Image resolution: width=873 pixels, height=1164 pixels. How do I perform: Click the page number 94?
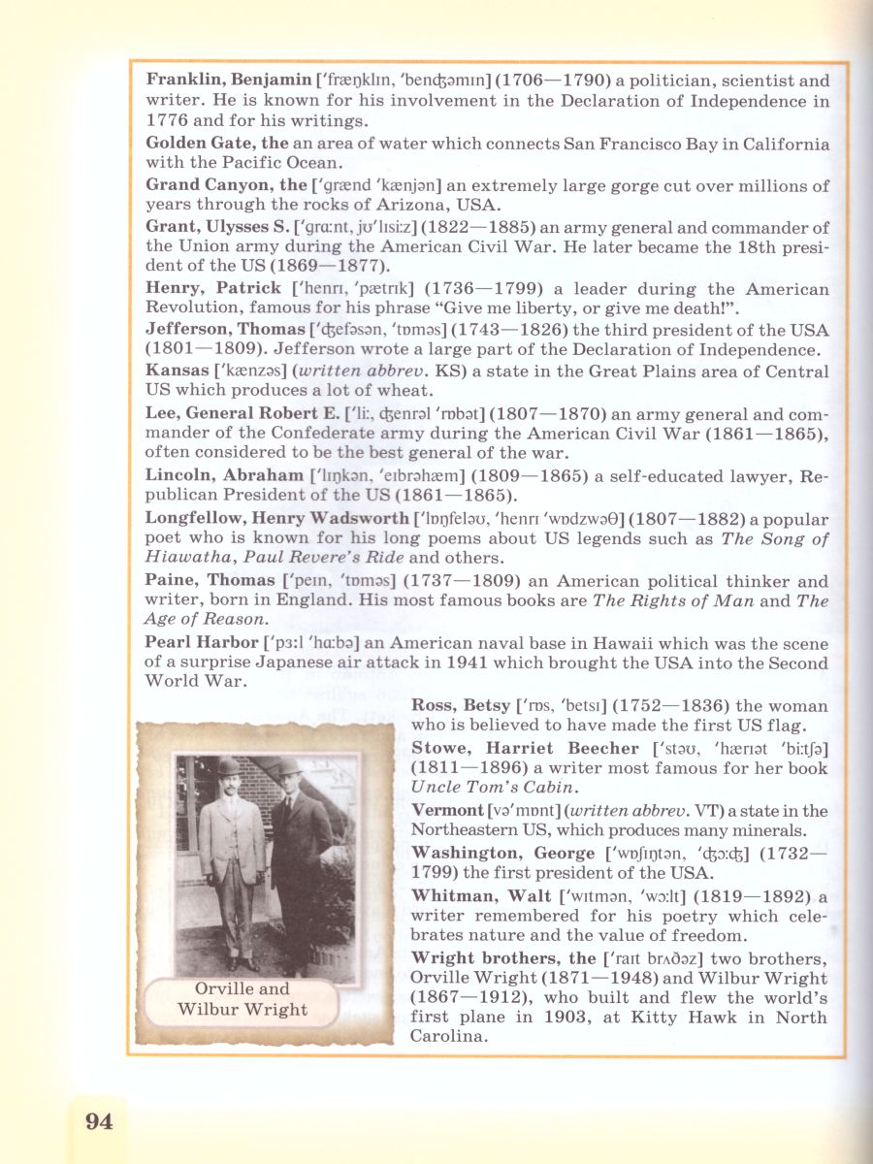99,1122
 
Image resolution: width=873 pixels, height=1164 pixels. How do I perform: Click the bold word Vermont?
447,810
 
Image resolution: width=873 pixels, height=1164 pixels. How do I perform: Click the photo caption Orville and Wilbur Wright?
242,999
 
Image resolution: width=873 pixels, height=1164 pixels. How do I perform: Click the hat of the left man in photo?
229,767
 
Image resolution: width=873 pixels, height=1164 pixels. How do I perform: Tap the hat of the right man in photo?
289,766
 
